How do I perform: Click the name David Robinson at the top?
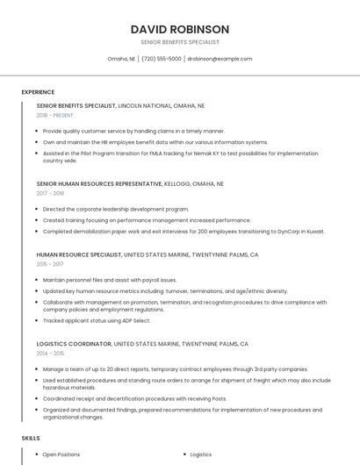(179, 29)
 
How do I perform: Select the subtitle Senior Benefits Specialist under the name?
(179, 42)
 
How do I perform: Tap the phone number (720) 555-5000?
(162, 59)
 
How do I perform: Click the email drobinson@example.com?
(220, 59)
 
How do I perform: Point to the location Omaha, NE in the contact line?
(121, 59)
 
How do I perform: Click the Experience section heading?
(38, 91)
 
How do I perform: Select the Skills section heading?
(30, 437)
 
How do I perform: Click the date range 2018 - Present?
(54, 115)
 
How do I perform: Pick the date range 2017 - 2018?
(50, 193)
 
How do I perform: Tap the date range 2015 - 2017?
(50, 263)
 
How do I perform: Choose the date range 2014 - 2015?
(50, 353)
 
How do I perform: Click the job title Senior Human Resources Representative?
(99, 184)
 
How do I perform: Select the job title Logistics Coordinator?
(74, 344)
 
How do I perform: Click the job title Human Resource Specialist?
(79, 254)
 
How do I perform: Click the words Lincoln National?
(144, 105)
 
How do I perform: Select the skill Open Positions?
(61, 454)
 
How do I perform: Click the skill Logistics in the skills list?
(201, 454)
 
